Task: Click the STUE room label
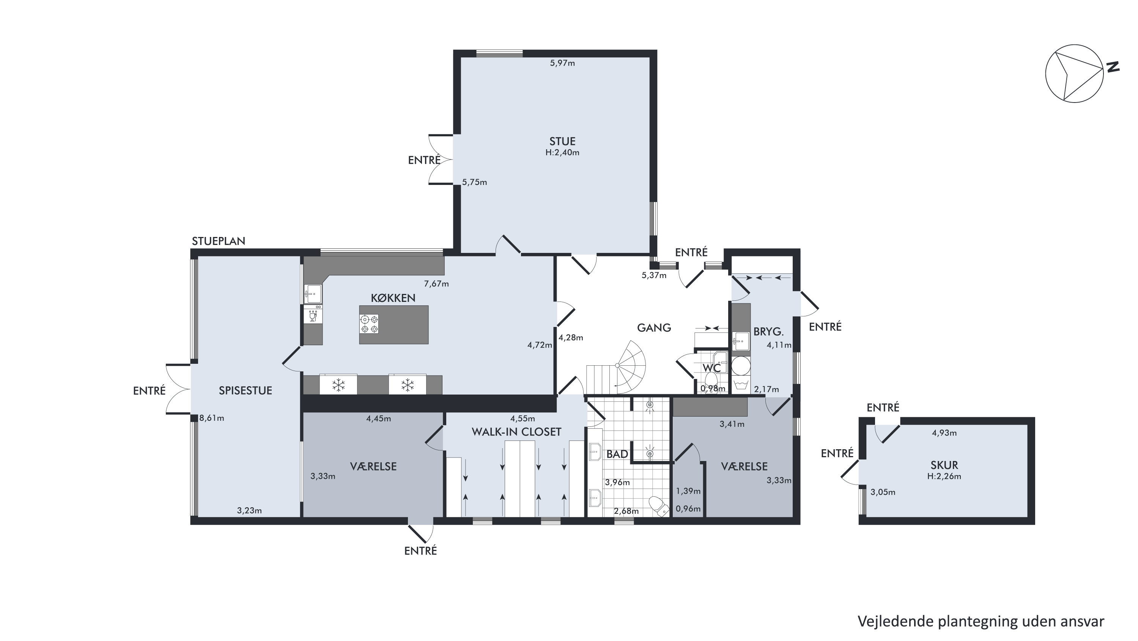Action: [562, 142]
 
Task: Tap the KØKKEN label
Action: [393, 298]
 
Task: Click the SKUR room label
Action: [944, 465]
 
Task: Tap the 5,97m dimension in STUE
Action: [562, 63]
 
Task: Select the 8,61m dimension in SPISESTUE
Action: [212, 418]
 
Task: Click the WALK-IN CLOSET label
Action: [516, 432]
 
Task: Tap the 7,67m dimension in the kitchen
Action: [436, 284]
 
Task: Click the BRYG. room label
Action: [768, 332]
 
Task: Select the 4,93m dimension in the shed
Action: [944, 433]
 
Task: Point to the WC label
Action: [712, 368]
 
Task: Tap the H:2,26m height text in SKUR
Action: [944, 477]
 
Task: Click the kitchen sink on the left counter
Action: [313, 293]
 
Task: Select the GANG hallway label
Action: [654, 328]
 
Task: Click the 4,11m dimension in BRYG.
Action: [779, 345]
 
